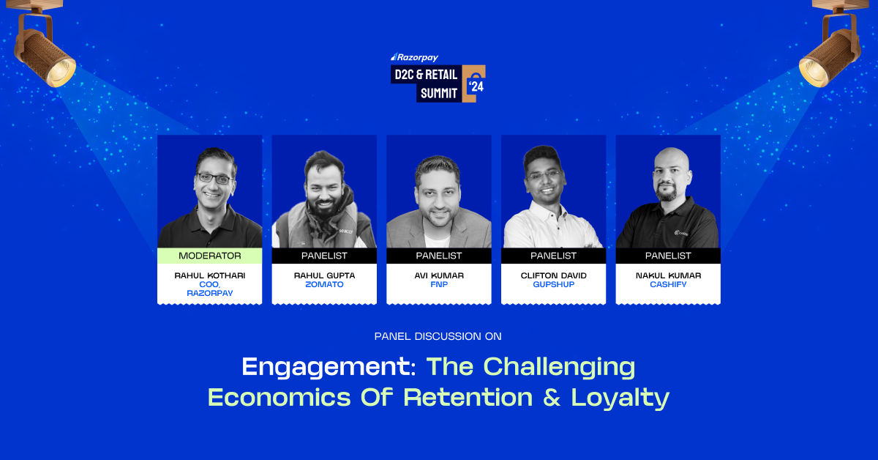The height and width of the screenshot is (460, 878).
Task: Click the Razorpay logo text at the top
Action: pyautogui.click(x=414, y=58)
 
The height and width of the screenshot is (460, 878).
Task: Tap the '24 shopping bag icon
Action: pyautogui.click(x=474, y=84)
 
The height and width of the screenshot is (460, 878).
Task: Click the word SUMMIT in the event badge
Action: pyautogui.click(x=439, y=94)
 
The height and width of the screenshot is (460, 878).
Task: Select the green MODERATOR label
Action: pyautogui.click(x=210, y=256)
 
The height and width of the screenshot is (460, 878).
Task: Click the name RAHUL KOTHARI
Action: pyautogui.click(x=210, y=275)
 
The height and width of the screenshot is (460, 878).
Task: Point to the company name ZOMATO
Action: pyautogui.click(x=324, y=284)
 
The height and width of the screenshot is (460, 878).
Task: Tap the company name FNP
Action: pyautogui.click(x=439, y=284)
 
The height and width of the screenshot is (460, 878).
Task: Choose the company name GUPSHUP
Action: pyautogui.click(x=553, y=284)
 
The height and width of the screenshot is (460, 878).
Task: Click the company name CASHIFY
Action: pyautogui.click(x=668, y=284)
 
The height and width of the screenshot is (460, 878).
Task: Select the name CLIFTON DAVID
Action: pyautogui.click(x=553, y=275)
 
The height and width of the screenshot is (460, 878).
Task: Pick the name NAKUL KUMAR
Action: pyautogui.click(x=668, y=275)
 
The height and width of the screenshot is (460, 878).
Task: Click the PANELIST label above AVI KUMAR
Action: pyautogui.click(x=439, y=256)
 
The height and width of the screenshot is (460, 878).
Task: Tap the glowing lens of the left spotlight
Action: pyautogui.click(x=61, y=73)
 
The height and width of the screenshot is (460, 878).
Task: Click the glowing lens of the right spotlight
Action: pyautogui.click(x=814, y=73)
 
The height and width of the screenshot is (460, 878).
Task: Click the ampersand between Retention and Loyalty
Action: pyautogui.click(x=552, y=398)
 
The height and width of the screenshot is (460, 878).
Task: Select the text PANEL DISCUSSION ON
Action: pyautogui.click(x=438, y=336)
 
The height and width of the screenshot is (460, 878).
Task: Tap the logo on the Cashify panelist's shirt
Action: pyautogui.click(x=681, y=233)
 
